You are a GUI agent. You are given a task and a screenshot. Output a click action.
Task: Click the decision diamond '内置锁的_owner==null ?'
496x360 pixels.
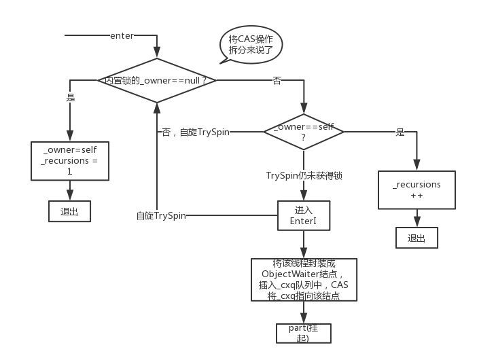(x=157, y=80)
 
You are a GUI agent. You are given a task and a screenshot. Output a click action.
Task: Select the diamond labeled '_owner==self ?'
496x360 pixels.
(x=303, y=132)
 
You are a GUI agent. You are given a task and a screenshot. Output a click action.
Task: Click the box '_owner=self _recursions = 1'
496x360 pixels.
(x=69, y=161)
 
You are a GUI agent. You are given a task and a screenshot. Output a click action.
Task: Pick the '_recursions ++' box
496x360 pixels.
(x=417, y=189)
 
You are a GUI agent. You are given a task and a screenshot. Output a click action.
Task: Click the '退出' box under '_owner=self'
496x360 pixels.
(x=69, y=211)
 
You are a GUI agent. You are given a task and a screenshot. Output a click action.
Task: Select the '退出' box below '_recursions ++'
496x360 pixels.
(x=417, y=238)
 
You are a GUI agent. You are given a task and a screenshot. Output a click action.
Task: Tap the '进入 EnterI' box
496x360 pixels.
(x=303, y=216)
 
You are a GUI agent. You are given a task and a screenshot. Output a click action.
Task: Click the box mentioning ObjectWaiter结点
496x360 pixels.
(x=303, y=279)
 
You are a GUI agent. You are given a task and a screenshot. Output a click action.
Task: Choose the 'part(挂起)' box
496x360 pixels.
(x=303, y=333)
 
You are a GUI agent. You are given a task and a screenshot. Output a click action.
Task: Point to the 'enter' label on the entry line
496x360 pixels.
(x=122, y=35)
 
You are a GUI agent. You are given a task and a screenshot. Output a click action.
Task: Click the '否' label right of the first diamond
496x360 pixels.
(x=277, y=81)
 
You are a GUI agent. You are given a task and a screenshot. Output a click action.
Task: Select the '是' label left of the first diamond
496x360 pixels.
(x=70, y=98)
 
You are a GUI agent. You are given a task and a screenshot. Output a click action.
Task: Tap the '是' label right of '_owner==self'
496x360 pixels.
(x=400, y=132)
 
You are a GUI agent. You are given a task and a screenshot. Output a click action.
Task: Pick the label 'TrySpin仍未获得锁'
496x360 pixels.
(x=303, y=176)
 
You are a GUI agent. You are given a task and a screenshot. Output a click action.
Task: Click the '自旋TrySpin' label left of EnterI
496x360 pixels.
(x=161, y=216)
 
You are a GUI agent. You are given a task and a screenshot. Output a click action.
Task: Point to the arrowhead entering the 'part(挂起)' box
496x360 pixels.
(x=303, y=320)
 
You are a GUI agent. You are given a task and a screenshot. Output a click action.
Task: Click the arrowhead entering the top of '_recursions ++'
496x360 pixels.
(x=417, y=166)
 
